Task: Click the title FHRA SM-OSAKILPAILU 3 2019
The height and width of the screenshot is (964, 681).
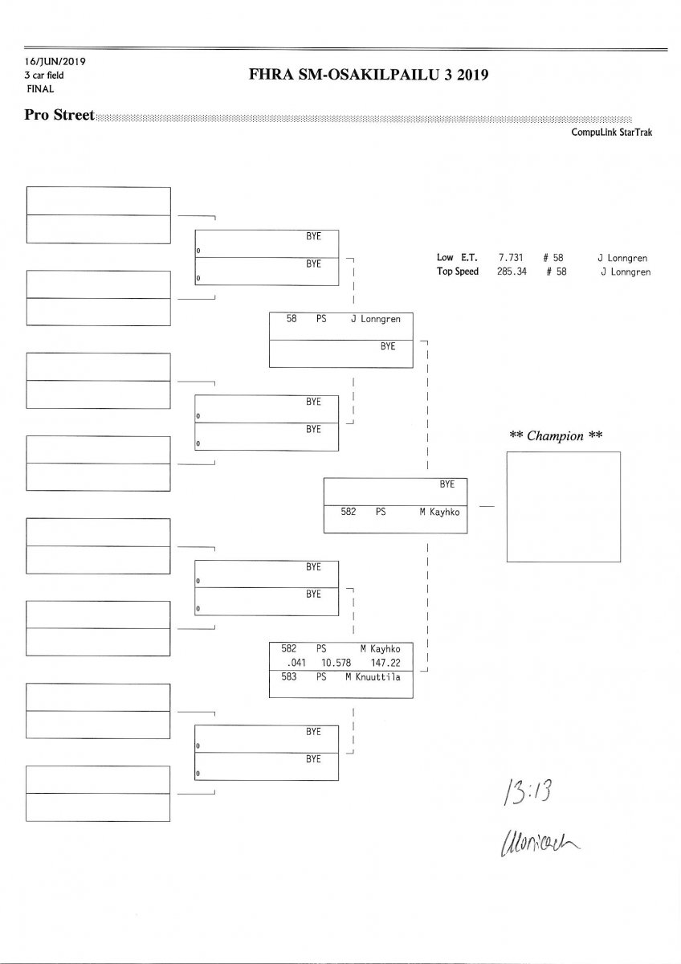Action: pos(369,76)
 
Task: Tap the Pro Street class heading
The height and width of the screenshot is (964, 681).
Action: pos(59,115)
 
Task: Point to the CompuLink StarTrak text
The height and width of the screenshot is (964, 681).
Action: pos(611,133)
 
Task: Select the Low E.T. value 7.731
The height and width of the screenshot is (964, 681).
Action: pos(512,258)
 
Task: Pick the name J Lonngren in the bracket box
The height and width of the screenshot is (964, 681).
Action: pos(375,319)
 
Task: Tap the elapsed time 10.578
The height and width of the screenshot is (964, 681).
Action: pos(336,663)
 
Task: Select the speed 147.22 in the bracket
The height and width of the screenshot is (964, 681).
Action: pos(385,663)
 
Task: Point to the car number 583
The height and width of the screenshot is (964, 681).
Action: pos(288,677)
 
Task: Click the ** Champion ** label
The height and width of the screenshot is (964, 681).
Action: pos(557,436)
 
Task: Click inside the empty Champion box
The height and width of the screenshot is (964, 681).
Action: pos(563,506)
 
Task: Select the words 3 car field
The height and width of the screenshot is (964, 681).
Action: pos(44,76)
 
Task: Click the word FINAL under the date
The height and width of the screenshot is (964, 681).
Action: pos(41,89)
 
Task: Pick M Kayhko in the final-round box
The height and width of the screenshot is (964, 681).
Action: pos(439,512)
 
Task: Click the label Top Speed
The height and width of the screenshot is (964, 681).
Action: pos(458,272)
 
